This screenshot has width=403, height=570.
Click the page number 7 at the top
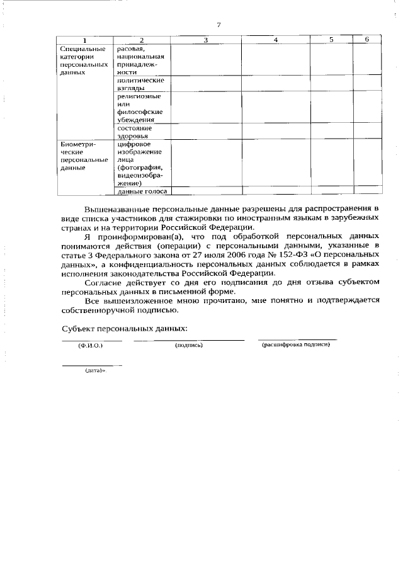(218, 25)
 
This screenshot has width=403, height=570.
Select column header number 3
(205, 40)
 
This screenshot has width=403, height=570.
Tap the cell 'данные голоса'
(142, 191)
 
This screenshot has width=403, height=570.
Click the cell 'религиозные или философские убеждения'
(139, 108)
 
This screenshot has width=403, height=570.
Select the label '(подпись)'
(188, 346)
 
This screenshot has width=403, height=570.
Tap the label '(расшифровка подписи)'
(296, 345)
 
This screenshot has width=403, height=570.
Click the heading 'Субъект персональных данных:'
(125, 329)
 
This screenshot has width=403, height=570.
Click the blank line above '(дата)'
(92, 365)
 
